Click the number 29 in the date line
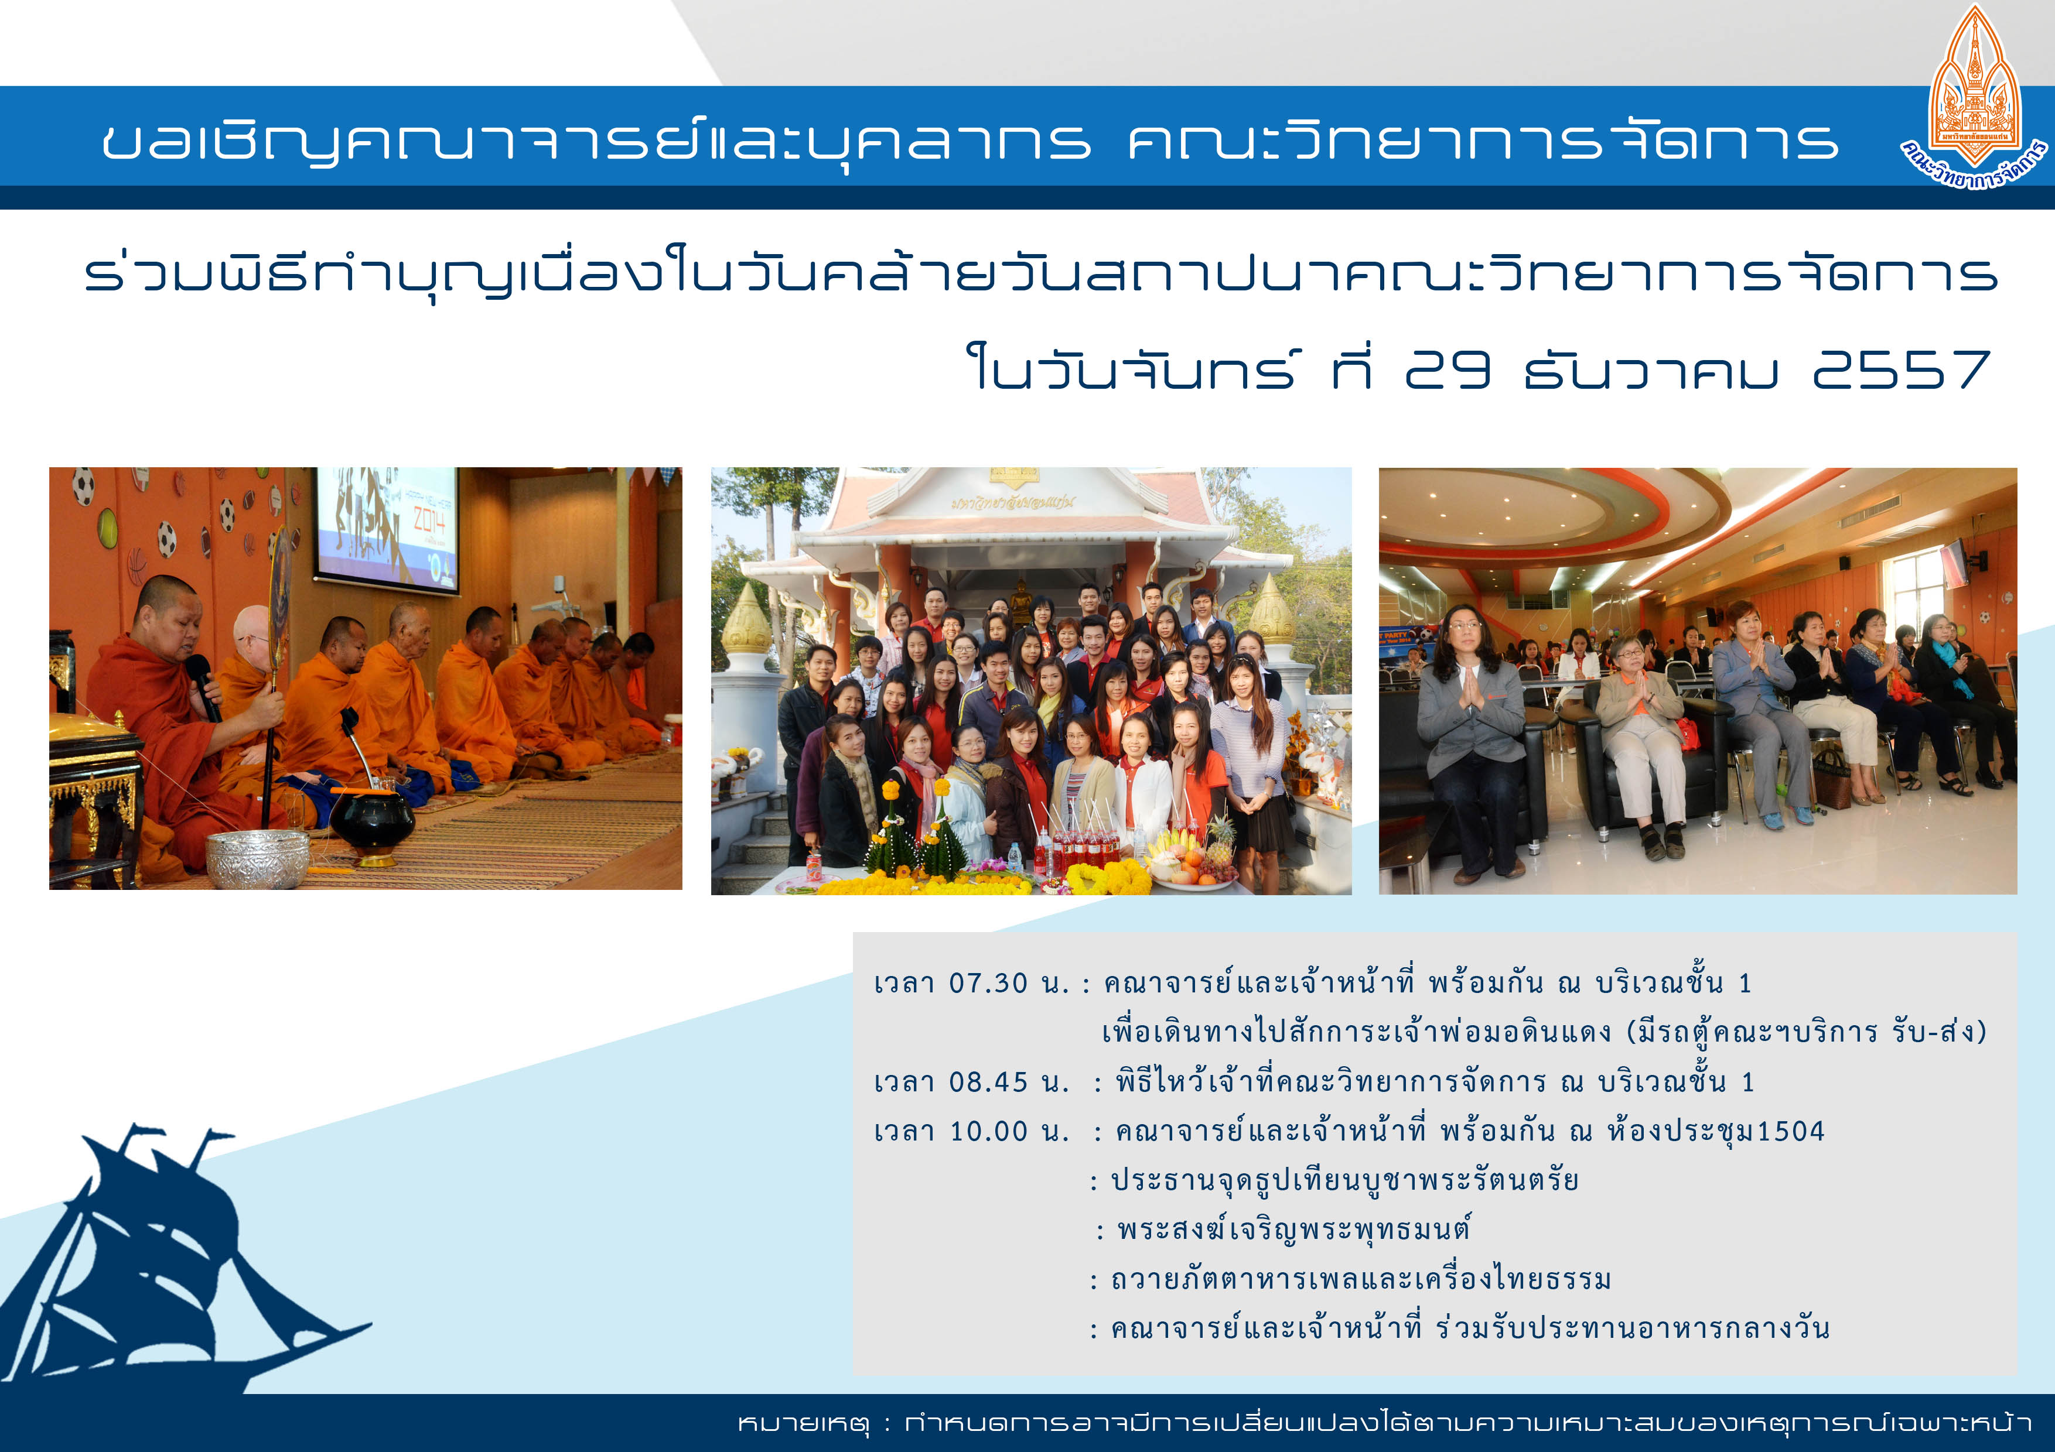click(x=1448, y=369)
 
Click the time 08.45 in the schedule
click(x=988, y=1083)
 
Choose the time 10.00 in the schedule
click(x=988, y=1132)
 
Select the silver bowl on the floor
click(x=258, y=857)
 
